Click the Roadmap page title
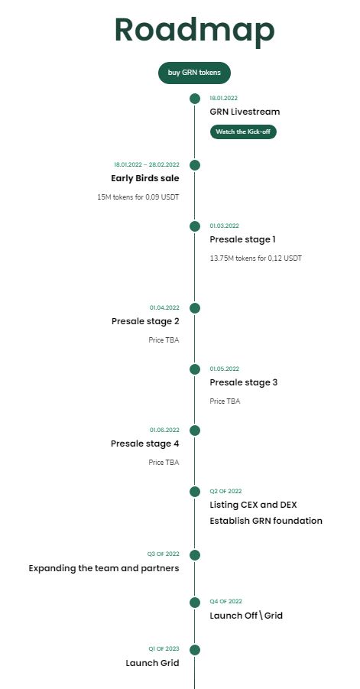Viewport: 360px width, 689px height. [194, 31]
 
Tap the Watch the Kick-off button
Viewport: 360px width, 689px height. [243, 132]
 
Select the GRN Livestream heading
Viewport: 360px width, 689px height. [245, 112]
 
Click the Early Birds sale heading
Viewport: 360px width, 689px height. [145, 178]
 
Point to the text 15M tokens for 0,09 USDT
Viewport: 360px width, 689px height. [138, 197]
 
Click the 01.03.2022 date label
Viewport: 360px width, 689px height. [225, 226]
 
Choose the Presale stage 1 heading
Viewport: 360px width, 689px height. [243, 239]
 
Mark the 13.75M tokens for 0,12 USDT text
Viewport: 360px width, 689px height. [255, 258]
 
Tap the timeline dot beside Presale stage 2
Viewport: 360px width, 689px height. [195, 308]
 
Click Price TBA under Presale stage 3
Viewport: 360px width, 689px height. [225, 401]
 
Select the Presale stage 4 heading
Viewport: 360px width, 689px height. [145, 444]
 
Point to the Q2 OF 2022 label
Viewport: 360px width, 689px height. [225, 491]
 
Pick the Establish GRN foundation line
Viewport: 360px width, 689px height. [266, 521]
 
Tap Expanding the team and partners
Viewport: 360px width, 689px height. [104, 568]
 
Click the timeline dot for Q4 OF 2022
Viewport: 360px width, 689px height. [195, 603]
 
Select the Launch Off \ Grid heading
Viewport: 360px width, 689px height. [246, 615]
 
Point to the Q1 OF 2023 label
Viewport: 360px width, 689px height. [164, 649]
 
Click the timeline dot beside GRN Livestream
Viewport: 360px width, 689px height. [195, 99]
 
